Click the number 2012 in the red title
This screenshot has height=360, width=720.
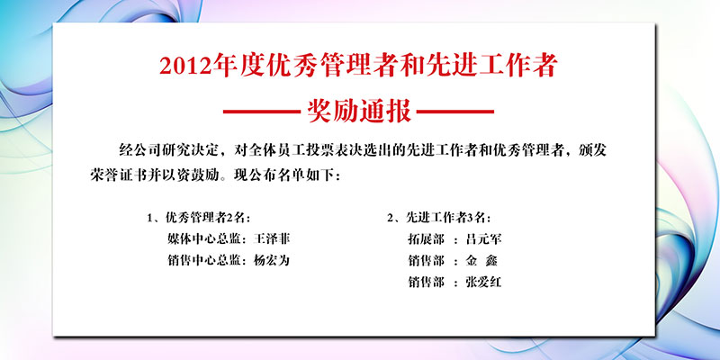(x=188, y=67)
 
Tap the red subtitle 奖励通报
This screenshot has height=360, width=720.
(x=359, y=111)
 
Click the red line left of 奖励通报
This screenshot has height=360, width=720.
(x=262, y=112)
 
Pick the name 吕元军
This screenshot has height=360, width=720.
(x=483, y=239)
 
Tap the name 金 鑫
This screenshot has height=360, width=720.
(x=481, y=261)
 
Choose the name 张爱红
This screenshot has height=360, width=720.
(x=483, y=282)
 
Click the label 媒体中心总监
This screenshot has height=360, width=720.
(x=204, y=239)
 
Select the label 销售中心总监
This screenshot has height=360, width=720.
(x=204, y=261)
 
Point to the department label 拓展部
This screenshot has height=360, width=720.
(x=426, y=239)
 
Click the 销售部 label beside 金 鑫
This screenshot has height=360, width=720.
(x=426, y=261)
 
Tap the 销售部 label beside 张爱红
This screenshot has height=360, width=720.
(x=426, y=282)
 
